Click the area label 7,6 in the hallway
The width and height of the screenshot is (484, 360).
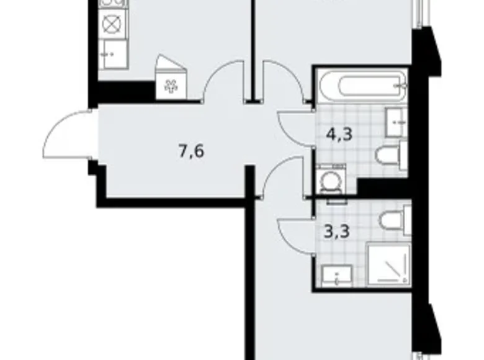coord(191,151)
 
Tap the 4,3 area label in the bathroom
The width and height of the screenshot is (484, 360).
coord(339,135)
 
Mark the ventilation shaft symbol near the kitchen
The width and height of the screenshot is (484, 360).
coord(170,86)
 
